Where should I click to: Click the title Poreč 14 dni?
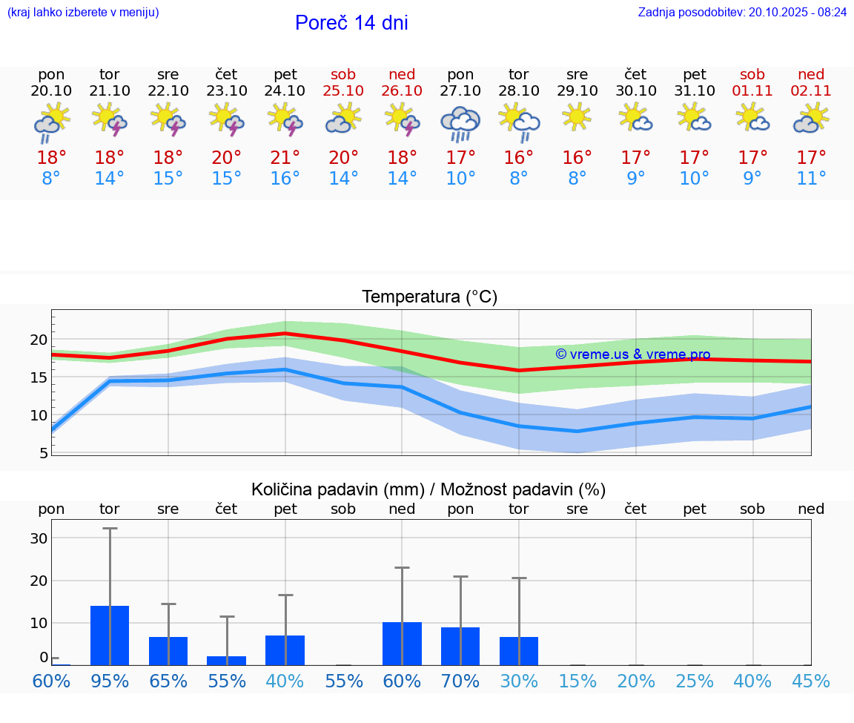(x=351, y=23)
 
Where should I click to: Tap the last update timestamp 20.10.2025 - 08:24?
(x=798, y=12)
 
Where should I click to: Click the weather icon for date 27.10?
(x=460, y=123)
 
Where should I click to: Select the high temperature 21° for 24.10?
(x=285, y=158)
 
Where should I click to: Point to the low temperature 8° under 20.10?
(x=51, y=179)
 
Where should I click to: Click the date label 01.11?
(x=752, y=91)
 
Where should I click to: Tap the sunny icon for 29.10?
(x=577, y=117)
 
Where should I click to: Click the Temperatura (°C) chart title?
(x=429, y=297)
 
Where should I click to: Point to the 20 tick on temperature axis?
(x=39, y=340)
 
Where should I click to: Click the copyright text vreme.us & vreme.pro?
(x=632, y=354)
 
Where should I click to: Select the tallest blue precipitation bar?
(x=110, y=635)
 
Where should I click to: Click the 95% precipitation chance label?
(x=110, y=681)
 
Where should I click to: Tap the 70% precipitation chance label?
(x=460, y=681)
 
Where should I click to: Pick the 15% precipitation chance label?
(x=577, y=681)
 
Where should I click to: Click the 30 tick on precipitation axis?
(x=39, y=538)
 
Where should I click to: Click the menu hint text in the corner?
(x=82, y=12)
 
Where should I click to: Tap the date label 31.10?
(x=695, y=91)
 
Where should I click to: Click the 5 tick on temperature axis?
(x=43, y=453)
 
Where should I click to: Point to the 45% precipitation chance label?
(x=811, y=681)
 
